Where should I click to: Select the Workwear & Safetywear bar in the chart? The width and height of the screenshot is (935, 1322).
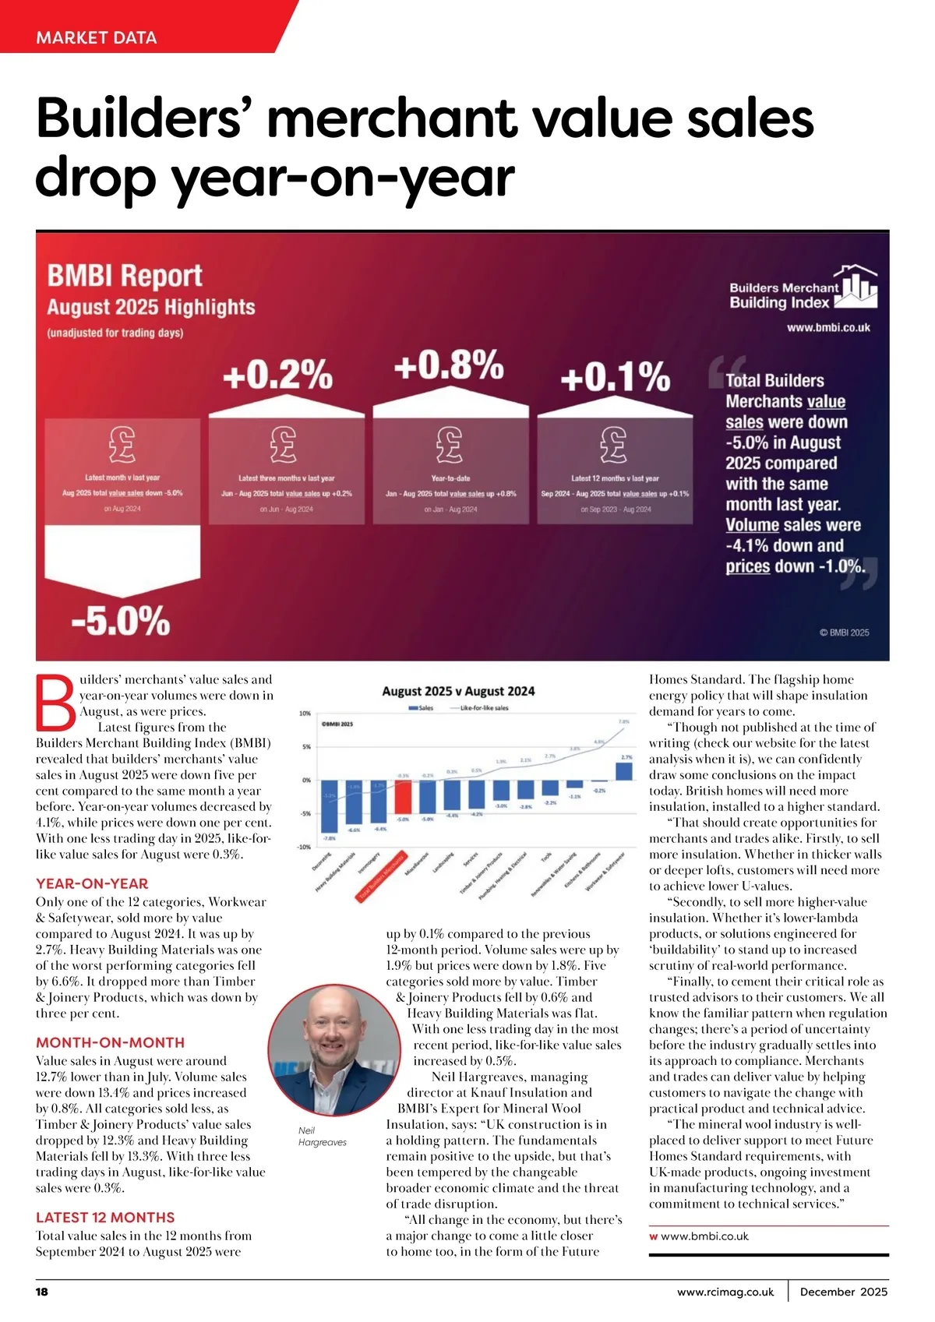click(624, 770)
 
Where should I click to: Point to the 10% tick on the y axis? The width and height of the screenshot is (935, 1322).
click(305, 714)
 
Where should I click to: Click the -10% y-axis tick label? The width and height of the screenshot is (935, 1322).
click(304, 847)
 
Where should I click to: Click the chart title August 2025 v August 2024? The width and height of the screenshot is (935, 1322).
click(458, 691)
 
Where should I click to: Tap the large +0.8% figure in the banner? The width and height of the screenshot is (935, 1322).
click(448, 365)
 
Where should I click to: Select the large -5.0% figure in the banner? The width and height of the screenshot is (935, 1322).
click(121, 621)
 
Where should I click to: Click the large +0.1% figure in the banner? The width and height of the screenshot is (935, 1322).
click(615, 377)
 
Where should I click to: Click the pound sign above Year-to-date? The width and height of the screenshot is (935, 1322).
click(450, 444)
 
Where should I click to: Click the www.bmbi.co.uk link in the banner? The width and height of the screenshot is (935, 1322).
click(828, 328)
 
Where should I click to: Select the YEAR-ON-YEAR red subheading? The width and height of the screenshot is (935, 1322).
click(92, 883)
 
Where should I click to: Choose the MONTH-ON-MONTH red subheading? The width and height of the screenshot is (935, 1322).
click(110, 1042)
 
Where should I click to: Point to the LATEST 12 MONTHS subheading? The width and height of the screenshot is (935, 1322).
click(105, 1217)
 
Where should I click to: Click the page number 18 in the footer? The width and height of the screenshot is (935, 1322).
click(42, 1292)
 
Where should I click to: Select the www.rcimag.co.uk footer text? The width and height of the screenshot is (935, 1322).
click(725, 1292)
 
